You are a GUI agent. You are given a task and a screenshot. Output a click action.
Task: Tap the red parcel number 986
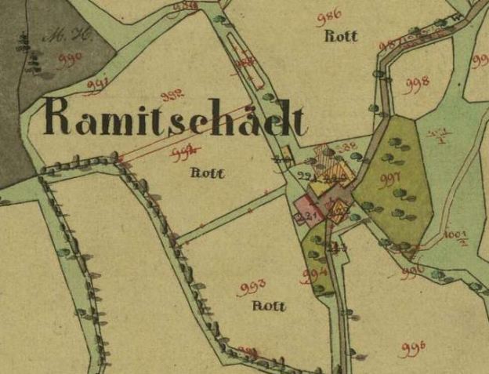click(x=329, y=17)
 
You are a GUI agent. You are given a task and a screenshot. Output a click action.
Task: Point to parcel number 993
click(x=251, y=287)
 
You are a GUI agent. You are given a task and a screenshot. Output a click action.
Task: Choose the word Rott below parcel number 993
click(x=269, y=307)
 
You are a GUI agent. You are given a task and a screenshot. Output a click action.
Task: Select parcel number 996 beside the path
click(x=412, y=271)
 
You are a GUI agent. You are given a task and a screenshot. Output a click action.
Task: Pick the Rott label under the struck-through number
click(x=207, y=173)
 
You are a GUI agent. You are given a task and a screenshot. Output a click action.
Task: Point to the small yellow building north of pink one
click(x=286, y=152)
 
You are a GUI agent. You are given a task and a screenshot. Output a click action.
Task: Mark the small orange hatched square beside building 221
click(x=338, y=209)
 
